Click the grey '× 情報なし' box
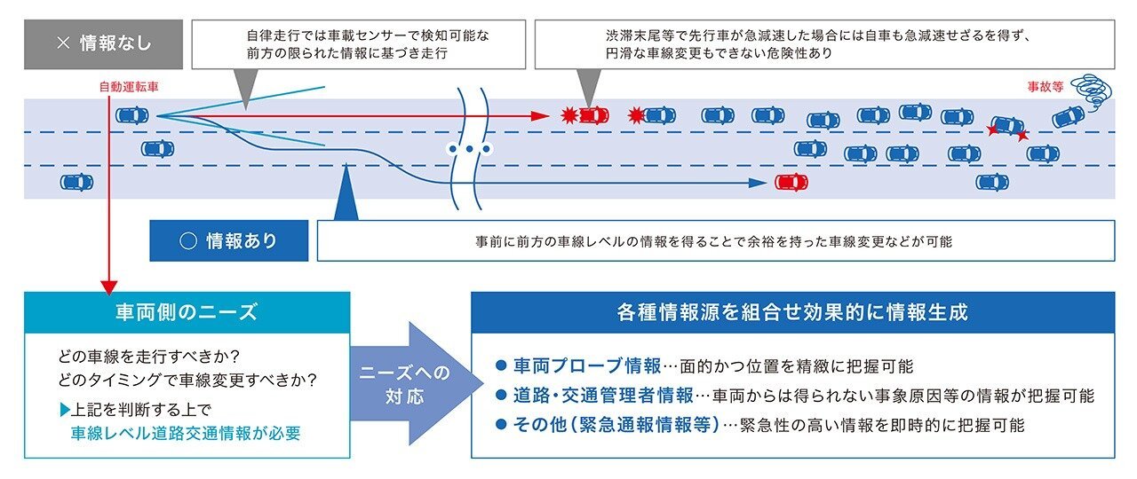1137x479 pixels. (103, 44)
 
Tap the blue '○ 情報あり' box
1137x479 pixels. (229, 240)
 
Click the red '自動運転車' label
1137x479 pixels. (129, 87)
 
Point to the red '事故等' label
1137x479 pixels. (1046, 87)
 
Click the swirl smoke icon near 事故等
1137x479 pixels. (1092, 90)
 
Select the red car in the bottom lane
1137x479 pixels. (791, 183)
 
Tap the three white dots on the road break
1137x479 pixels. (470, 149)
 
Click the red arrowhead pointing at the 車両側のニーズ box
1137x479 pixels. (109, 287)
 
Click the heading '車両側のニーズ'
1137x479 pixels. (187, 312)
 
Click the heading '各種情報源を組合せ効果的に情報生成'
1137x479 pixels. (792, 312)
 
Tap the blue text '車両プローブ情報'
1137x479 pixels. (587, 365)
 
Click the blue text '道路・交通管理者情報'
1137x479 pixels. (603, 395)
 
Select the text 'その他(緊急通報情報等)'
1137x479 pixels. (616, 424)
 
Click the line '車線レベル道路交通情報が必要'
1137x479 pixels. (186, 434)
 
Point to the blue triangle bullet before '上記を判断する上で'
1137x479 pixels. (65, 410)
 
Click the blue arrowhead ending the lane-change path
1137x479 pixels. (758, 183)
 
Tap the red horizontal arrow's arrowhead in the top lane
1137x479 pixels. (540, 116)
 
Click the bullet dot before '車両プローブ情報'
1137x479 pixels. (501, 365)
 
